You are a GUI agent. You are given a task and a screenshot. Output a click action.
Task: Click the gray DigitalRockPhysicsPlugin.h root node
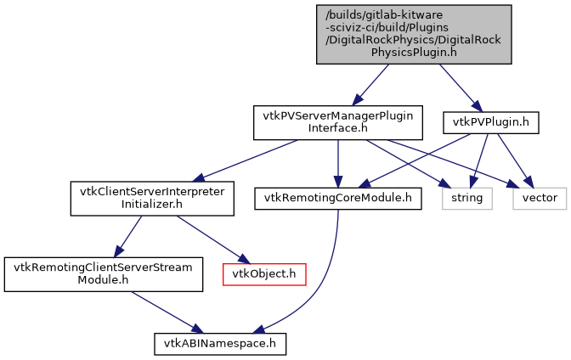415,33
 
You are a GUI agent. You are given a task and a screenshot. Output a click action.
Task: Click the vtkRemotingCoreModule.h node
338,198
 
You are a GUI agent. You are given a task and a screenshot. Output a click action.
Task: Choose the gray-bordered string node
466,198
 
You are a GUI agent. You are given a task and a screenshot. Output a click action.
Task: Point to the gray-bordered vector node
540,198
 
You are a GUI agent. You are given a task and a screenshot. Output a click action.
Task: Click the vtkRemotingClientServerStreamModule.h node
104,273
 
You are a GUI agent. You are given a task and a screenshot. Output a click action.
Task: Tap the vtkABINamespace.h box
220,343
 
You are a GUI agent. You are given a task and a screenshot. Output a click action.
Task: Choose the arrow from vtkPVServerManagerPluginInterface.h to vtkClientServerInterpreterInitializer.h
246,160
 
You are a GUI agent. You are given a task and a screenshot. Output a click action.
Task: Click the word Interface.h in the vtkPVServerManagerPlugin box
338,128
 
